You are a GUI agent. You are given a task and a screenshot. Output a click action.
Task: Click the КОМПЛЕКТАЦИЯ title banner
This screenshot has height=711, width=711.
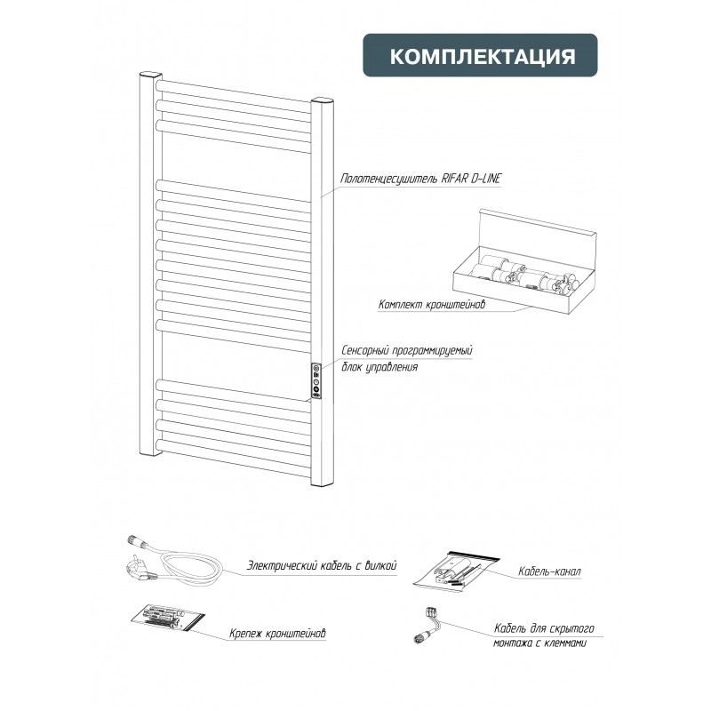[480, 55]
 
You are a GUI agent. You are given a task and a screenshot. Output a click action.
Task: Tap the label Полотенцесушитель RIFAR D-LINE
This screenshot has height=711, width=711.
[420, 179]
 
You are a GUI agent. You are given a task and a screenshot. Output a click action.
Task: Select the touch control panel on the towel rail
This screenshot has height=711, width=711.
[316, 381]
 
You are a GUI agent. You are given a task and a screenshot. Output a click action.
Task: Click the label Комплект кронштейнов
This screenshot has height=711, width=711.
[431, 304]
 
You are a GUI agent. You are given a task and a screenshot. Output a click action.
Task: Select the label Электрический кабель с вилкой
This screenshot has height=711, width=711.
[322, 565]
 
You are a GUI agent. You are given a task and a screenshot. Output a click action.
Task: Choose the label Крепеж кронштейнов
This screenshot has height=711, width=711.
[277, 633]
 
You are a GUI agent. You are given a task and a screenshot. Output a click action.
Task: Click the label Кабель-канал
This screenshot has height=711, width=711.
[549, 571]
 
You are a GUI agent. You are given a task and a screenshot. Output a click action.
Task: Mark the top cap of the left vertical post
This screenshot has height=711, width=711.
[150, 75]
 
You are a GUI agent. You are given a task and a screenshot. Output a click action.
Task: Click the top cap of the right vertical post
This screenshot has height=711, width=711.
[322, 100]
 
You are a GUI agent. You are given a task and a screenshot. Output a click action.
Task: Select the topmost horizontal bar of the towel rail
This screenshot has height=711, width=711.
[234, 91]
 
